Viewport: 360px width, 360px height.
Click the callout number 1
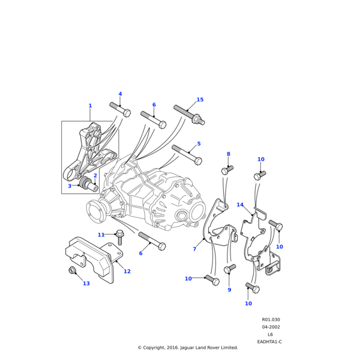coord(90,106)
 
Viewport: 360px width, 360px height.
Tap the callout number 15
coord(200,100)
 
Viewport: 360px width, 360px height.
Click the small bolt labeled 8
coord(227,170)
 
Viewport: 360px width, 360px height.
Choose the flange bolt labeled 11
coord(119,237)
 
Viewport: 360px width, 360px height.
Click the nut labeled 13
coord(72,271)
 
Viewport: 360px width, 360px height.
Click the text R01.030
coord(271,320)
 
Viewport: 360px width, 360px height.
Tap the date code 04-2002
coord(271,327)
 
